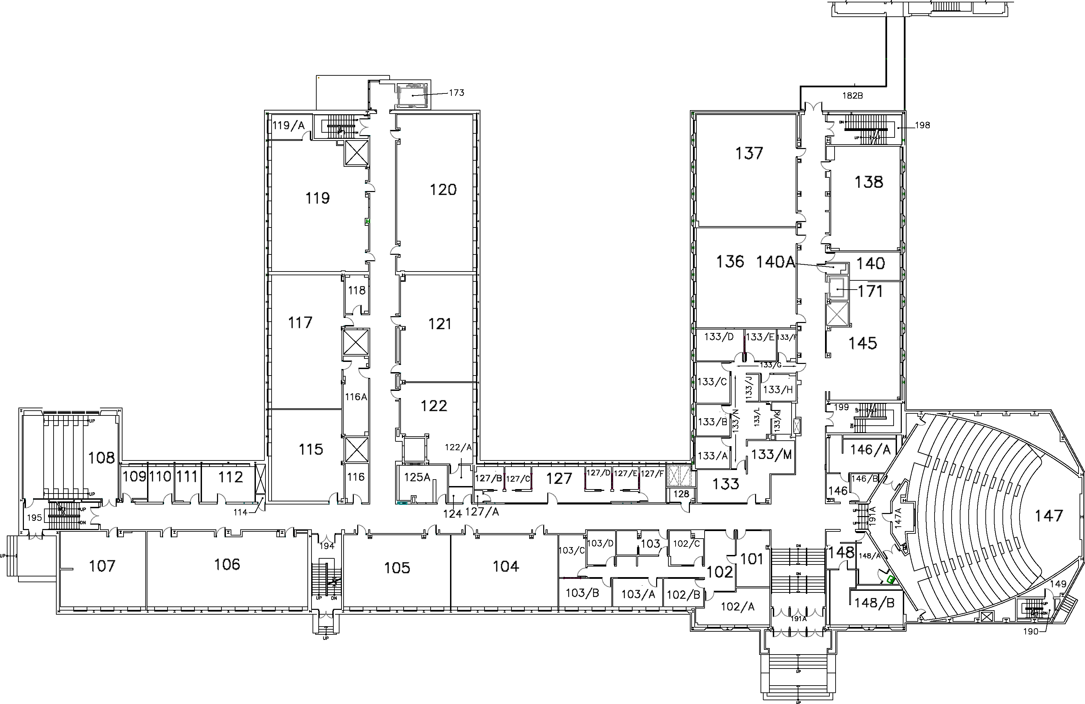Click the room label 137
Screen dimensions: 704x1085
pyautogui.click(x=749, y=153)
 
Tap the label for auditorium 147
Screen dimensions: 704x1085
pyautogui.click(x=1048, y=516)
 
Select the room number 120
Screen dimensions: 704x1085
pyautogui.click(x=443, y=190)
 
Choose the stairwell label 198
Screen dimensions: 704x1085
pyautogui.click(x=922, y=125)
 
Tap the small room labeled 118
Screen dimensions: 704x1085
pyautogui.click(x=357, y=290)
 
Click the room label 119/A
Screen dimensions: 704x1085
pyautogui.click(x=288, y=125)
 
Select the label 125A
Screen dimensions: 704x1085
pyautogui.click(x=417, y=477)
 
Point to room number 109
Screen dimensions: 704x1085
pyautogui.click(x=134, y=476)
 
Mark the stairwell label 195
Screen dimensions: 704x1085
pyautogui.click(x=34, y=518)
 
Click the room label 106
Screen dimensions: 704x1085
pyautogui.click(x=227, y=564)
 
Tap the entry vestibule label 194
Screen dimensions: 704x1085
pyautogui.click(x=327, y=546)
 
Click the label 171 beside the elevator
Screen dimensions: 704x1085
pyautogui.click(x=870, y=291)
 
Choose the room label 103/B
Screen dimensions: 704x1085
pyautogui.click(x=582, y=593)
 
